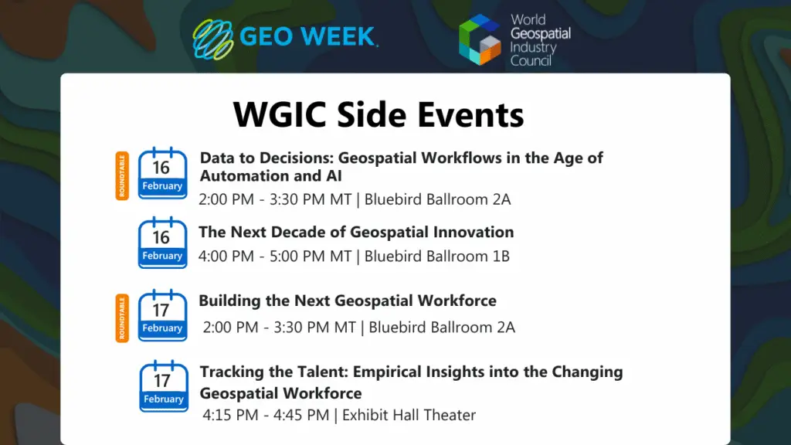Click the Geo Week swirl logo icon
click(x=212, y=39)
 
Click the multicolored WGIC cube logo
click(x=480, y=39)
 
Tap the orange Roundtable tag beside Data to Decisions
click(x=121, y=175)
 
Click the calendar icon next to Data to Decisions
click(x=162, y=174)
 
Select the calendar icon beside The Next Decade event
click(x=162, y=243)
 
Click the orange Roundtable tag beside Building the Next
click(x=121, y=317)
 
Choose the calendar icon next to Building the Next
click(x=162, y=315)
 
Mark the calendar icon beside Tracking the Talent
click(x=163, y=386)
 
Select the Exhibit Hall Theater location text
click(x=409, y=415)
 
